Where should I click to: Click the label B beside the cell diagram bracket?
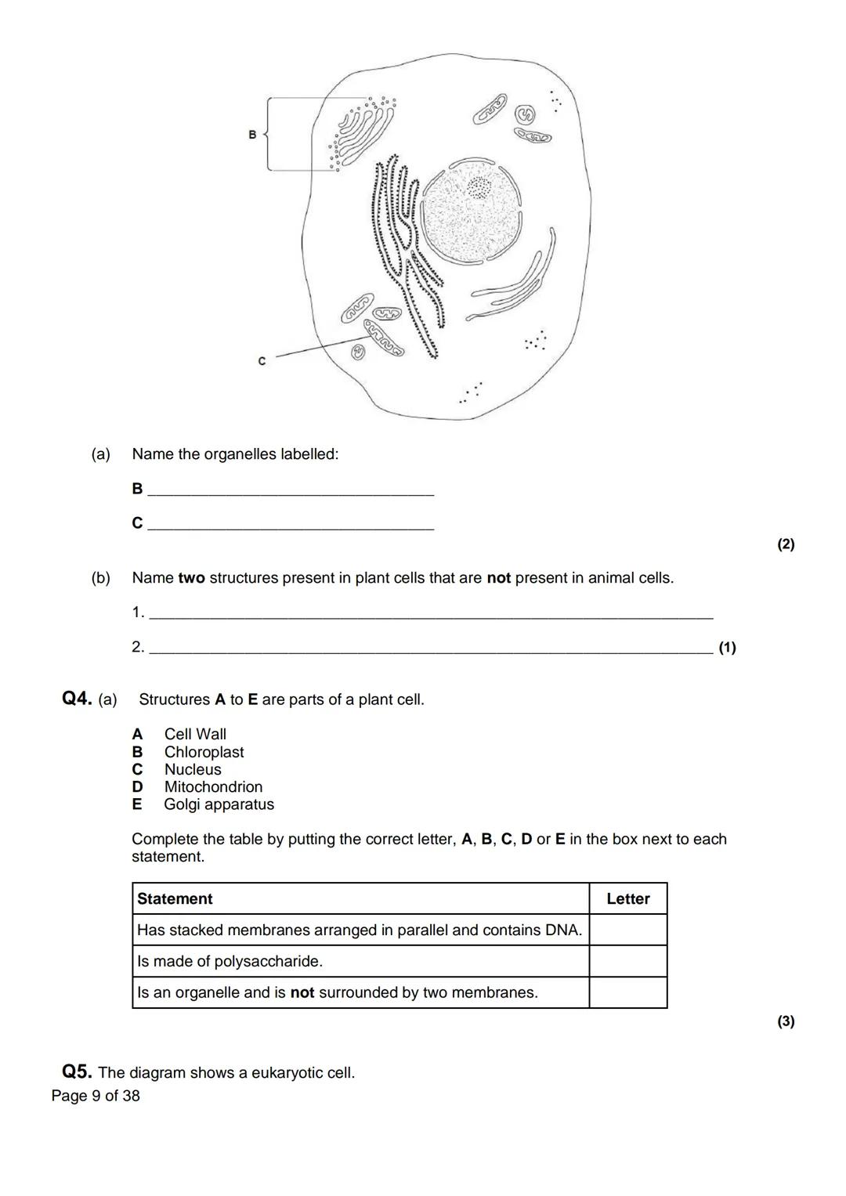point(252,135)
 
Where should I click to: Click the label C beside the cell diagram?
point(262,361)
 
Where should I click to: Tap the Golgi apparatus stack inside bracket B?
point(364,130)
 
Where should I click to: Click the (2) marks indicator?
point(786,544)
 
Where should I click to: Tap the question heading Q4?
point(77,699)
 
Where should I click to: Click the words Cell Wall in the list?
point(195,734)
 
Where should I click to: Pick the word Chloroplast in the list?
point(204,752)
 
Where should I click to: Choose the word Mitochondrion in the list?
point(213,786)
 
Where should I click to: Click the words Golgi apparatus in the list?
point(219,804)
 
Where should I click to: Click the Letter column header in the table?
point(627,898)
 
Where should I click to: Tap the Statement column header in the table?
point(175,898)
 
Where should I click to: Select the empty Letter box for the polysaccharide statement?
point(627,961)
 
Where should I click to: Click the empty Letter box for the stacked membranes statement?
point(627,930)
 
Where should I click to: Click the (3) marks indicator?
point(786,1021)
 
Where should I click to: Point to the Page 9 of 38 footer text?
point(96,1096)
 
